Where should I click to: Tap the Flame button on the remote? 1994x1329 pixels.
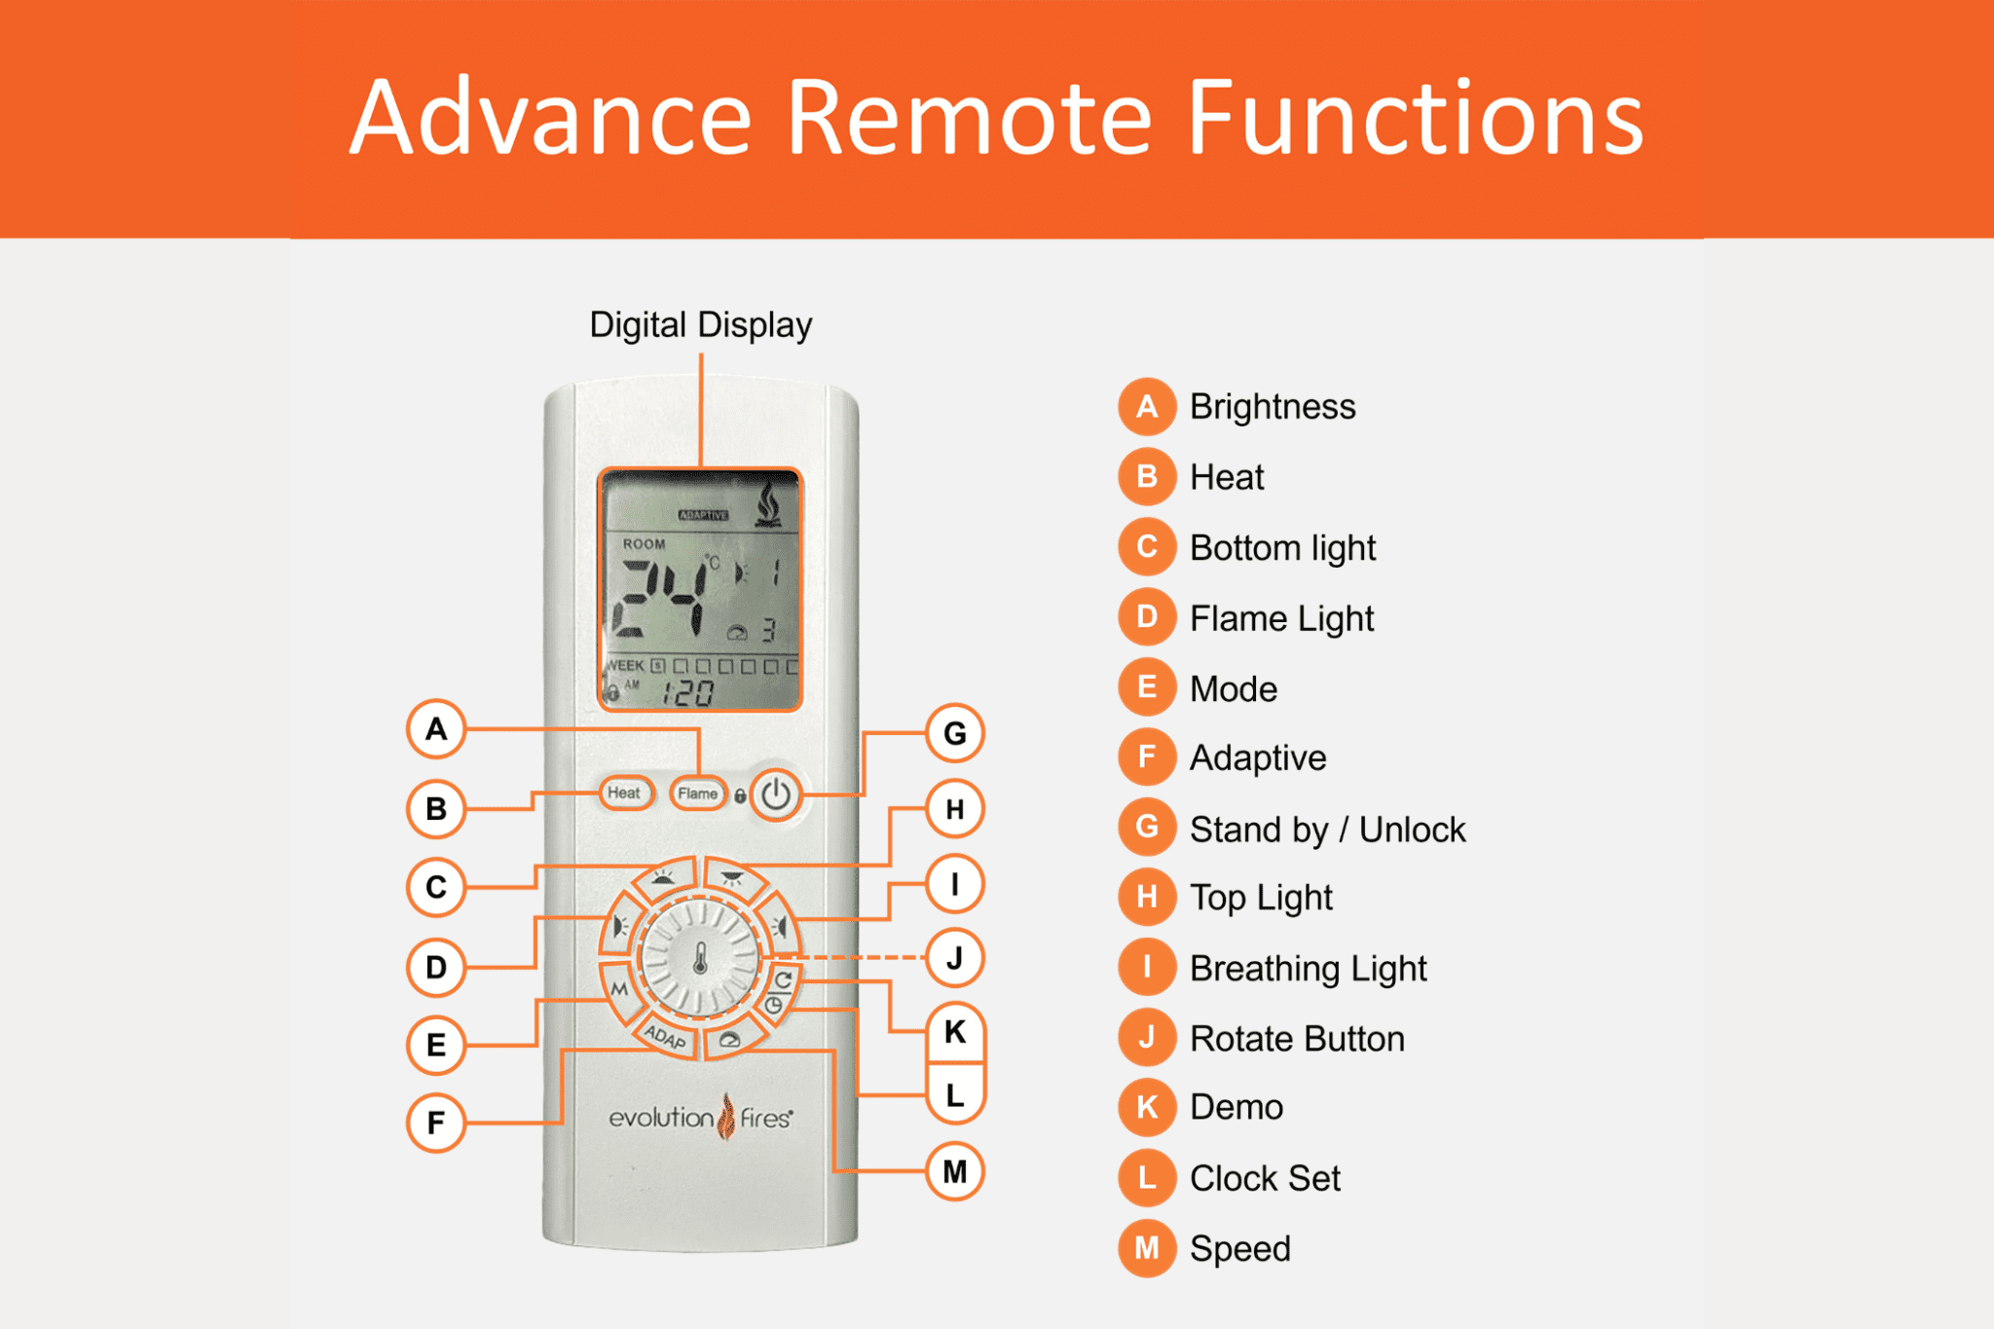(x=698, y=794)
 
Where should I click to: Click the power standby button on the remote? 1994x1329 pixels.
(x=776, y=794)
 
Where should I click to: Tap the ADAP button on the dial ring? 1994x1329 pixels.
(x=666, y=1036)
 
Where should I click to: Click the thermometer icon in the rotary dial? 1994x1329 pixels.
(x=700, y=960)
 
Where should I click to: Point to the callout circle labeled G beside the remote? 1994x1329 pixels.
(x=954, y=733)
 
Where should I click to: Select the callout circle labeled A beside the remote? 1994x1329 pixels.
(x=436, y=728)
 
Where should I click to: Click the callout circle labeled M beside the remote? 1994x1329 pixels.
(x=954, y=1171)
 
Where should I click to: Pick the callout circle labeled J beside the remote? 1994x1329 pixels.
(x=954, y=958)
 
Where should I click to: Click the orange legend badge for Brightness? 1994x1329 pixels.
(x=1147, y=406)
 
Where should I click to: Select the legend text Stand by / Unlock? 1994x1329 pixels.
(x=1327, y=830)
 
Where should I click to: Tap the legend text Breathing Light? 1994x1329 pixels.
(x=1308, y=969)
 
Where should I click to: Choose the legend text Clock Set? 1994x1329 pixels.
(x=1265, y=1178)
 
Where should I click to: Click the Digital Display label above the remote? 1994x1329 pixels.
(x=701, y=325)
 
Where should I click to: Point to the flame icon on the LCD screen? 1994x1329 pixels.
(x=769, y=504)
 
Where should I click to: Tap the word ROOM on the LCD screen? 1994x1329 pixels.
(x=645, y=544)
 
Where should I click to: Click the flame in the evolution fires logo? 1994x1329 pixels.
(x=726, y=1116)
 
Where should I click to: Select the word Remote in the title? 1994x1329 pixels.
(x=970, y=118)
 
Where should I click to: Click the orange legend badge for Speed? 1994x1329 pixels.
(x=1147, y=1248)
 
